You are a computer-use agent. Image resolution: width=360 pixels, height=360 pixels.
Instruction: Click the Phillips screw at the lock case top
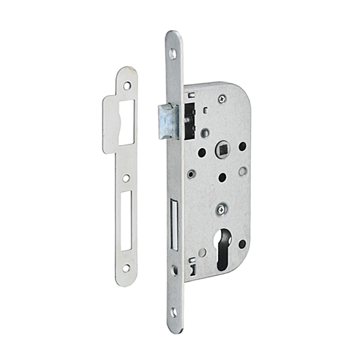[221, 99]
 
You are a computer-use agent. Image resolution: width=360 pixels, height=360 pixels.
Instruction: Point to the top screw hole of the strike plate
[128, 85]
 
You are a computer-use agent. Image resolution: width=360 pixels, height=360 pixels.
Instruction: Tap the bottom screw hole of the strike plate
[127, 268]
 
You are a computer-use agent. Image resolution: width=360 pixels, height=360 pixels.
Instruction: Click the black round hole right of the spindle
[243, 146]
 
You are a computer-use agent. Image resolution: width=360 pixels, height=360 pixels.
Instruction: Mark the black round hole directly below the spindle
[222, 177]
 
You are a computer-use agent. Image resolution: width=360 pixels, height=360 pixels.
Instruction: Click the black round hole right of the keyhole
[243, 243]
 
